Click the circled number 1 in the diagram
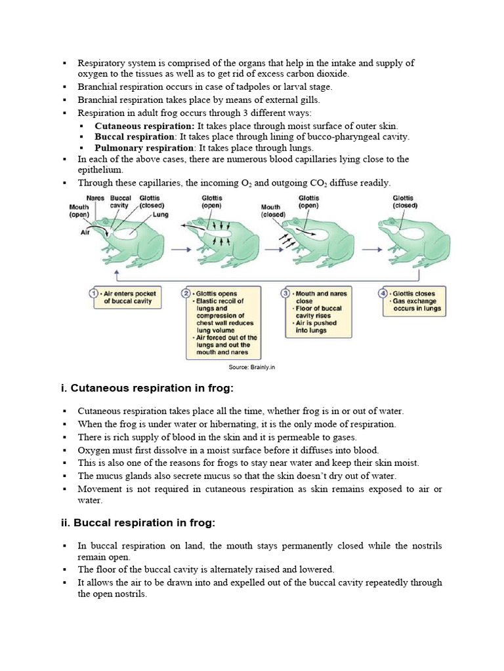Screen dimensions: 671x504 [94, 294]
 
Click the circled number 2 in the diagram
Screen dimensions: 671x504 [186, 294]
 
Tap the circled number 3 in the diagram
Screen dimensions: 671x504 [286, 294]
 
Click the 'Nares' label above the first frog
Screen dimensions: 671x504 [95, 198]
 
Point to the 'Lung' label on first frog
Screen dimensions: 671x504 [160, 214]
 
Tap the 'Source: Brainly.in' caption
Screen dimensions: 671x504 [251, 367]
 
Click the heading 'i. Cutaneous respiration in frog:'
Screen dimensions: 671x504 [147, 389]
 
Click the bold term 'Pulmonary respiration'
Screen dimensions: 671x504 [135, 148]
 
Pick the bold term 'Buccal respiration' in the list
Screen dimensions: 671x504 [135, 137]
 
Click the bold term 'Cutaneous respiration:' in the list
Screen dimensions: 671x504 [144, 126]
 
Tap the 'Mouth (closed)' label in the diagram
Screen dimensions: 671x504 [273, 210]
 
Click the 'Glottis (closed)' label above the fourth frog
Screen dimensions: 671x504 [404, 201]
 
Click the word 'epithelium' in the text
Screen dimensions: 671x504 [100, 170]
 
